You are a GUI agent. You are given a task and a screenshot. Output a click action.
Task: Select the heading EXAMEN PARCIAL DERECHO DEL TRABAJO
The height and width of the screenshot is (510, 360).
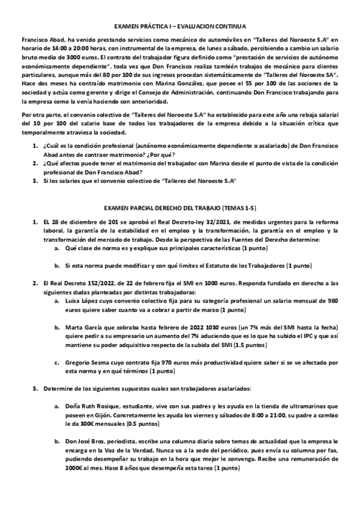(180, 207)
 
